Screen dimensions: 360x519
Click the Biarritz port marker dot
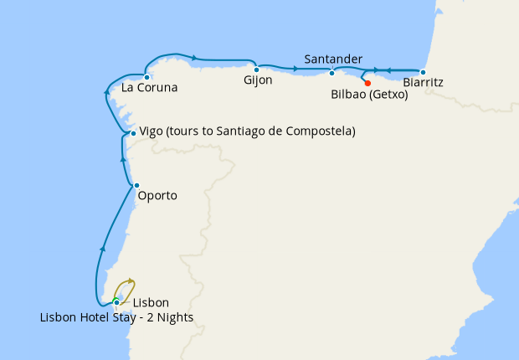coord(423,72)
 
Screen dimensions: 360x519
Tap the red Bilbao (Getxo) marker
coord(367,83)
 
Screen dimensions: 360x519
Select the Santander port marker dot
coord(332,72)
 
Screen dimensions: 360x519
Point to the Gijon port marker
coord(256,69)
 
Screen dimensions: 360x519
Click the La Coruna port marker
coord(147,77)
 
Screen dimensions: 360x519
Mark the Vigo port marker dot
coord(133,133)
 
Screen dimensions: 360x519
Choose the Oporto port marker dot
coord(136,185)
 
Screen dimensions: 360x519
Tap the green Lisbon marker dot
coord(116,301)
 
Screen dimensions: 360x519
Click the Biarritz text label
coord(423,83)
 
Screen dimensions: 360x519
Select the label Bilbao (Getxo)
coord(369,95)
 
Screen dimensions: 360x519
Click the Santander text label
coord(333,59)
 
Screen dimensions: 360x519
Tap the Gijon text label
coord(258,80)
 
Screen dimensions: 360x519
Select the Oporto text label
coord(159,196)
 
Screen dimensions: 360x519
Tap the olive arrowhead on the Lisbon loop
coord(131,282)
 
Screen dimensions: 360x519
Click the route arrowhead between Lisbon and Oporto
coord(103,248)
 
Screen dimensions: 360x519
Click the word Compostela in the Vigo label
coord(322,131)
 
